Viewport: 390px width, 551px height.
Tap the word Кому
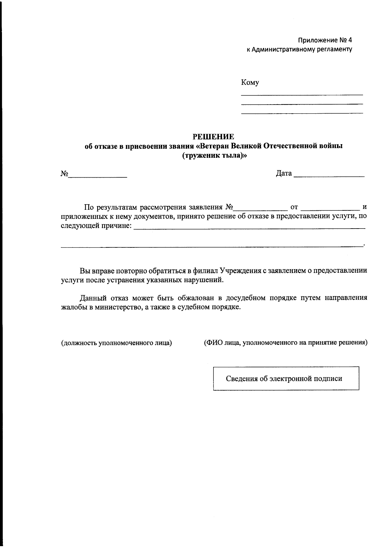[x=250, y=82]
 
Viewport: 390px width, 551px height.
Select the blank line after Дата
[x=329, y=175]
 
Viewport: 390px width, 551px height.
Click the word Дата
[x=284, y=173]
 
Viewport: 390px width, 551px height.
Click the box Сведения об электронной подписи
[x=286, y=378]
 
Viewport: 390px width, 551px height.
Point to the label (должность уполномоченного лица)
[x=116, y=343]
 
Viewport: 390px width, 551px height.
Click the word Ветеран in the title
[x=216, y=146]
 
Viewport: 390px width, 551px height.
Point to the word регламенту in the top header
[x=336, y=50]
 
